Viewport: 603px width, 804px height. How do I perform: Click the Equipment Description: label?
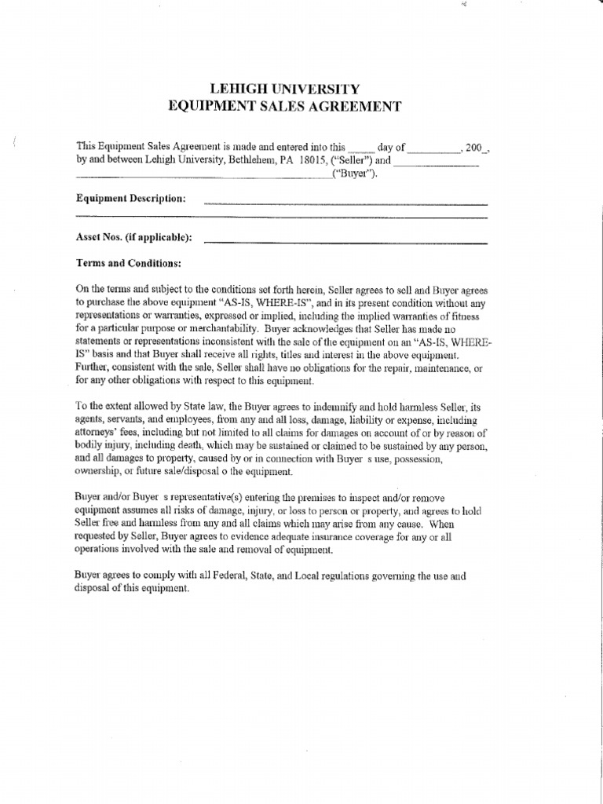pos(130,198)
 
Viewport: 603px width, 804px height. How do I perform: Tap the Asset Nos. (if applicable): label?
pos(133,236)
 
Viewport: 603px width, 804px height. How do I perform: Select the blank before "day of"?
pos(362,147)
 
